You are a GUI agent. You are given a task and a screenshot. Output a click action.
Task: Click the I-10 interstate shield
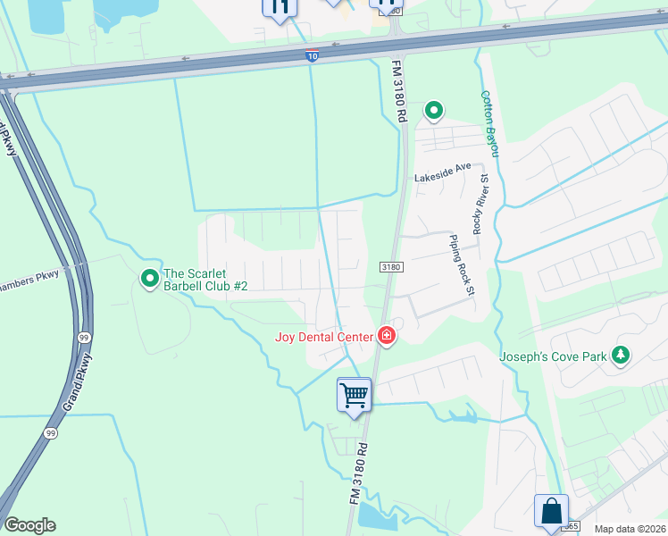tap(312, 56)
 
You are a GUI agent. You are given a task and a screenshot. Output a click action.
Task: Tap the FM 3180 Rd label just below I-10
tap(400, 91)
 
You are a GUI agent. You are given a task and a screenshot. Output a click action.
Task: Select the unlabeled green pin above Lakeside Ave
tap(434, 111)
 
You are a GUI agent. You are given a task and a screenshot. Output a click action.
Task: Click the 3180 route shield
tap(391, 266)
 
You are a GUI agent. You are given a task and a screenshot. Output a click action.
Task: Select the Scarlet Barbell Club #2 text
tap(205, 280)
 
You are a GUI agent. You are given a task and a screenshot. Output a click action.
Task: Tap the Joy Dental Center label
tap(325, 337)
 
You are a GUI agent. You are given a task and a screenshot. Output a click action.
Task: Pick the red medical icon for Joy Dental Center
tap(387, 336)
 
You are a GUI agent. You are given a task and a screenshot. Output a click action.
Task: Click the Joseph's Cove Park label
tap(553, 356)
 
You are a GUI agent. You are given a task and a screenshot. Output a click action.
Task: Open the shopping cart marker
tap(355, 394)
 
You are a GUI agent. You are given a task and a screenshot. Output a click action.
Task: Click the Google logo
tap(29, 525)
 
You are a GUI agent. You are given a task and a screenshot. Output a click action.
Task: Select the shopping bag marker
tap(551, 512)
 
